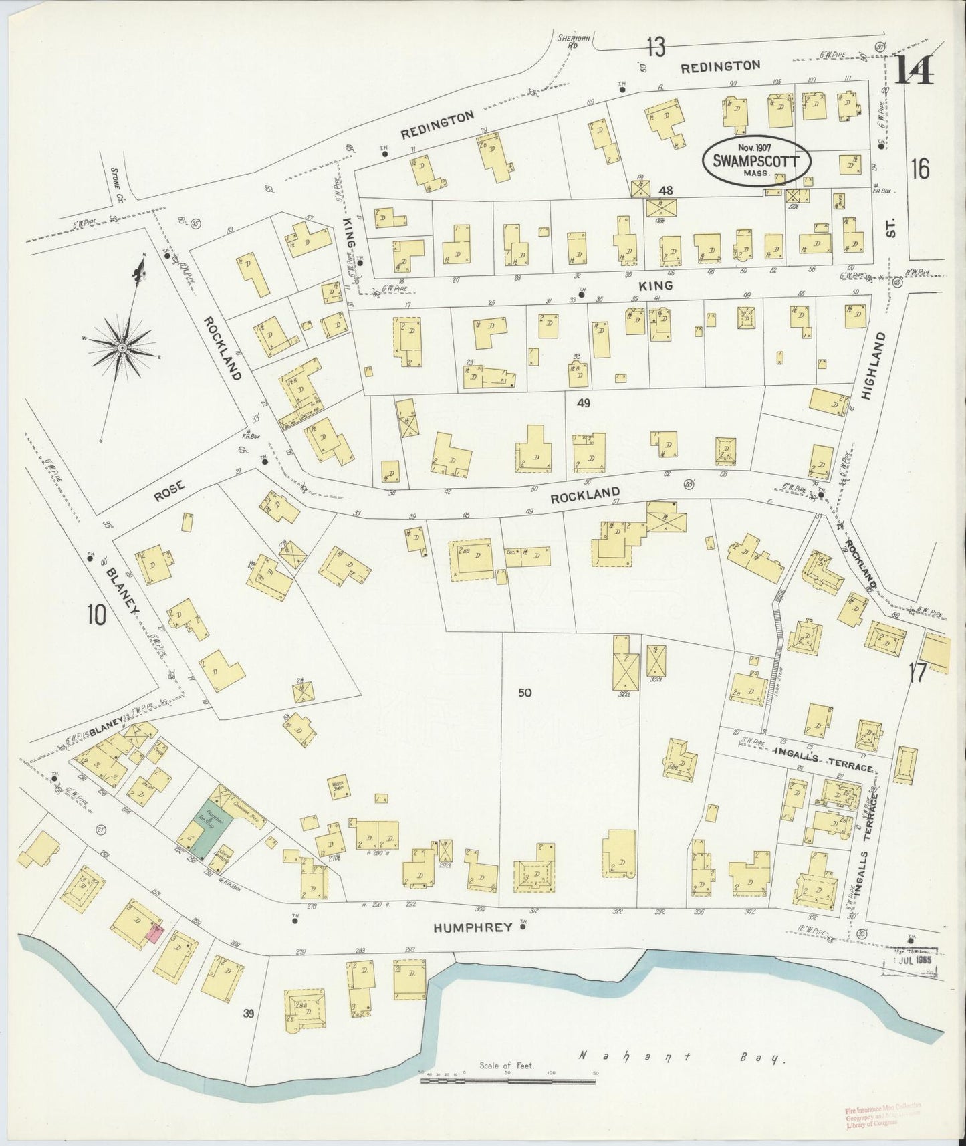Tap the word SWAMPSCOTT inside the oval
[755, 160]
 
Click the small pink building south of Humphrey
[154, 934]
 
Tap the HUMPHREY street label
[473, 927]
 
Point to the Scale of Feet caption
[507, 1066]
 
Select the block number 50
[525, 693]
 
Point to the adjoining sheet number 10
[96, 614]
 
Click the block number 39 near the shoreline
[249, 1014]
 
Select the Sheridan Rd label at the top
[567, 41]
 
